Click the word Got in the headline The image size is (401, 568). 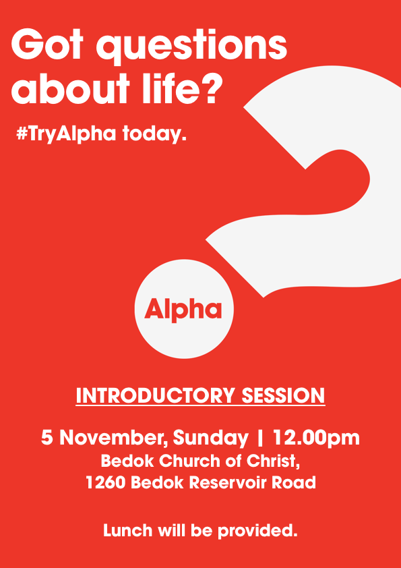tap(47, 46)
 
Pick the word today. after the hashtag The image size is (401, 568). tap(154, 134)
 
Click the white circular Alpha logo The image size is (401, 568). tap(183, 310)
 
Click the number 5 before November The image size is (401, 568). tap(47, 438)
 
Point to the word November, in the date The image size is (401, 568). tap(114, 438)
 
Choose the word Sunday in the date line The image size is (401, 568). tap(210, 438)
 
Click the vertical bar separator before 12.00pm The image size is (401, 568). tap(260, 438)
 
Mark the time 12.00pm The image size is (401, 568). tap(315, 438)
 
